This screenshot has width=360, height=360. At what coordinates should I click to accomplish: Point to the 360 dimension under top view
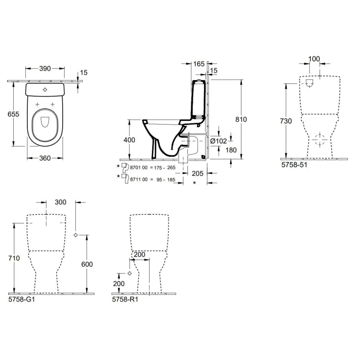(45, 158)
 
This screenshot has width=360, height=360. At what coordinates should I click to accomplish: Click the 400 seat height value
(130, 140)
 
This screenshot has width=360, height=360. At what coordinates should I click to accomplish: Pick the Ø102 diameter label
(219, 141)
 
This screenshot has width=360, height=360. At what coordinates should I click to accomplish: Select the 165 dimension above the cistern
(199, 64)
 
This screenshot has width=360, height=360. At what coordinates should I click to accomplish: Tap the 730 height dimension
(286, 121)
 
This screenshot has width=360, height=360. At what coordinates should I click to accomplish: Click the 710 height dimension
(14, 258)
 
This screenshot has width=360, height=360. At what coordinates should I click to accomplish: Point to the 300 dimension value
(61, 202)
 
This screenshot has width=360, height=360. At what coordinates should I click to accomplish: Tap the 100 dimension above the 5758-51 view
(315, 59)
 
